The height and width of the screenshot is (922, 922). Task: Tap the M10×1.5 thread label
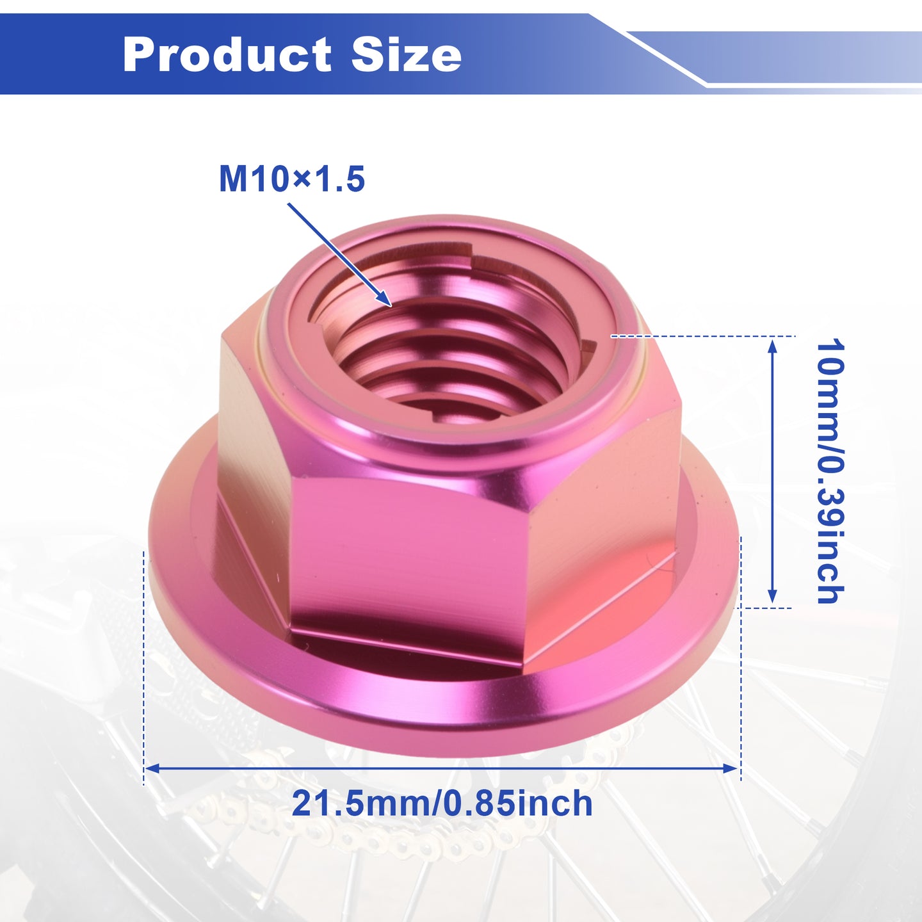coord(292,179)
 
